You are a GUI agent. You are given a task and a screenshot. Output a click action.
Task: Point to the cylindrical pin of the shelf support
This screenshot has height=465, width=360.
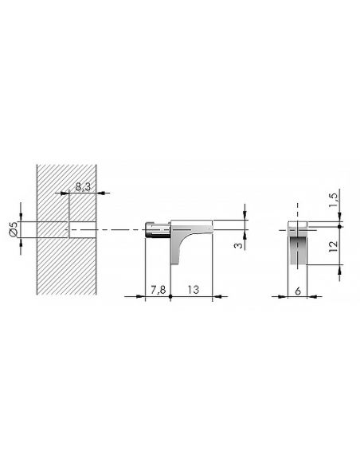pos(156,230)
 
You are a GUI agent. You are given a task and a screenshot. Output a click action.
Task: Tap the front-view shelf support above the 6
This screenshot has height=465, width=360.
pos(298,245)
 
